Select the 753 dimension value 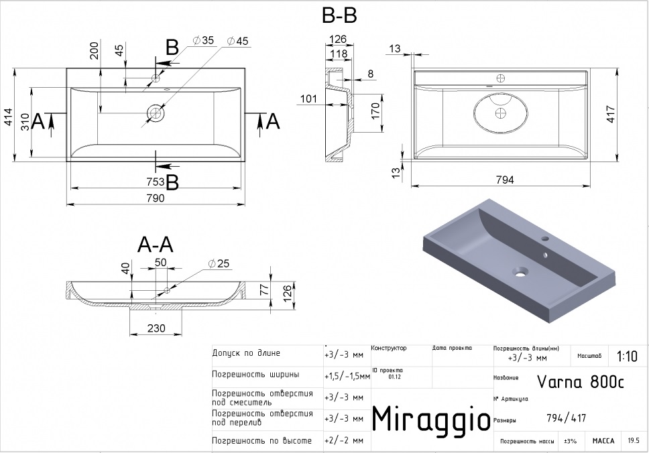pos(156,181)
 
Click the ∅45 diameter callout pos(237,42)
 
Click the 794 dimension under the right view pos(504,180)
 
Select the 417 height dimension pos(630,115)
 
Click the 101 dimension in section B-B pos(308,99)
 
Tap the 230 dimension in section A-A pos(157,328)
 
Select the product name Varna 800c pos(581,382)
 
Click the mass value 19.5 pos(633,441)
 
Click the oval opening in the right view pos(499,113)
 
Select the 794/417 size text pos(567,419)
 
